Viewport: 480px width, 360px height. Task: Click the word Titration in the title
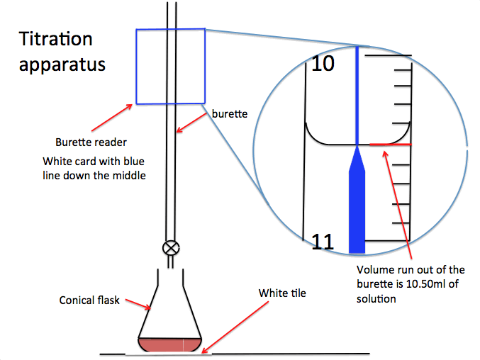(x=56, y=39)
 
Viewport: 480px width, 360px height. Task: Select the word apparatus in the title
(x=62, y=65)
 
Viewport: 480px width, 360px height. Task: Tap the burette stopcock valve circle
(x=171, y=248)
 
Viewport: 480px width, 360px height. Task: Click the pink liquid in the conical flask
(x=169, y=345)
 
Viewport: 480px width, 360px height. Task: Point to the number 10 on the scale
(x=323, y=64)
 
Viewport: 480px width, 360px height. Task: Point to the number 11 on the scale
(x=323, y=242)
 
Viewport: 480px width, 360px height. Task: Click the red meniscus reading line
(x=391, y=144)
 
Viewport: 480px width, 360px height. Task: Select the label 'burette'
(x=230, y=114)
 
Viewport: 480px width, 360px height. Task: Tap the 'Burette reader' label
(x=91, y=142)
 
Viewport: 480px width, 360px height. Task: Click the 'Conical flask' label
(x=89, y=300)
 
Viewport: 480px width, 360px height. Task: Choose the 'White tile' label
(x=282, y=293)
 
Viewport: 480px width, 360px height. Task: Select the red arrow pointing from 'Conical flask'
(x=138, y=304)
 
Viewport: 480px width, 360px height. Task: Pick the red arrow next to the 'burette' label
(x=191, y=123)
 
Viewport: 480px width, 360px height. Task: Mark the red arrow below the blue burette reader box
(x=112, y=118)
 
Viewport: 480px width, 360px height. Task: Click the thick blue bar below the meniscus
(x=357, y=199)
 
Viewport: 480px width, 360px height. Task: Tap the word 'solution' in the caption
(x=376, y=299)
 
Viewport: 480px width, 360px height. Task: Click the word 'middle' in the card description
(x=129, y=176)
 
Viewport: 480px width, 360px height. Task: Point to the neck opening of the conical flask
(x=170, y=269)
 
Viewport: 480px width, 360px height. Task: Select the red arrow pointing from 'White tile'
(x=235, y=327)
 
